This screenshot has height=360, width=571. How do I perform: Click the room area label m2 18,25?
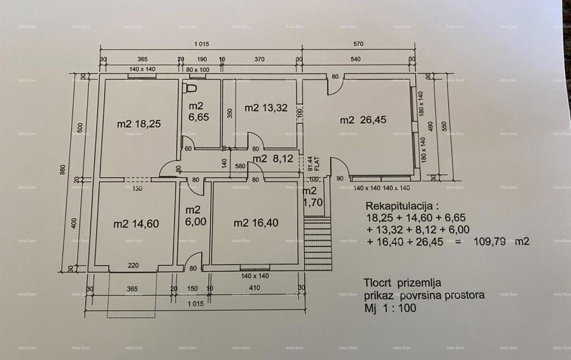coord(139,124)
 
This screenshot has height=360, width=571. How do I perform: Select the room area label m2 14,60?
coord(136,224)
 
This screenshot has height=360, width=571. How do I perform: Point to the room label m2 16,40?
coord(256,223)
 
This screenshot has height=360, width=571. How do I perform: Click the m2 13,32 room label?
coord(266,108)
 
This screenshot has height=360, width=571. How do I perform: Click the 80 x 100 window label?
coord(197,70)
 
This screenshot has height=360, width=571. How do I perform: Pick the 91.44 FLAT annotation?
coord(312,163)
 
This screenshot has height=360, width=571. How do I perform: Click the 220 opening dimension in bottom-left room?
coord(133,266)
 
